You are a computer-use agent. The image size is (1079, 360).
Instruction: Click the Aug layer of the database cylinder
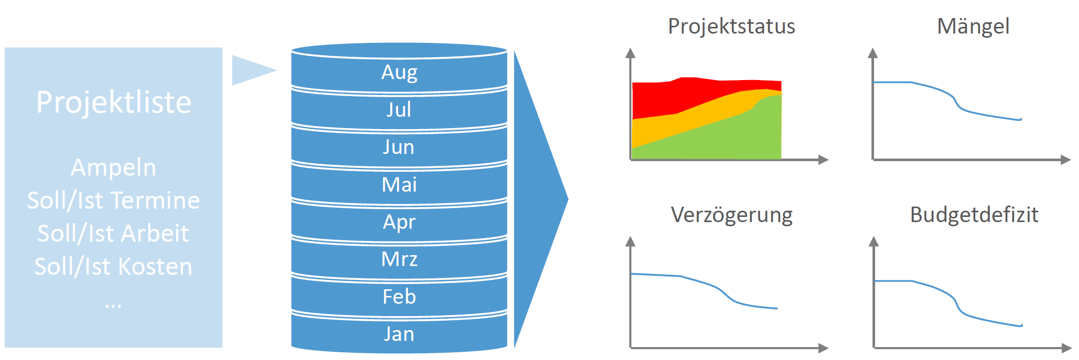coord(399,72)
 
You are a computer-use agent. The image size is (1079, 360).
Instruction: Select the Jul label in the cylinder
coord(399,109)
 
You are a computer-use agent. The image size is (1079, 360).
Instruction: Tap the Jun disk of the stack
coord(399,147)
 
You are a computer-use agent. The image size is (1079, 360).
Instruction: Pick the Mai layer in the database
coord(399,184)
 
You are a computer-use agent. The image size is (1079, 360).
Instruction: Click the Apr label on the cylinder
coord(399,222)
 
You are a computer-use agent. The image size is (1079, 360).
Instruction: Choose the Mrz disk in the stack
coord(399,259)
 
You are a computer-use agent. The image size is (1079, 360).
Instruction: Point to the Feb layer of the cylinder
coord(399,296)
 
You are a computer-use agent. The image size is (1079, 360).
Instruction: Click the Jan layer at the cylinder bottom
coord(399,334)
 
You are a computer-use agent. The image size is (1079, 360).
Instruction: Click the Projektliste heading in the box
coord(114,102)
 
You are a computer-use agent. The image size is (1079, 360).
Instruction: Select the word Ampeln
coord(114,168)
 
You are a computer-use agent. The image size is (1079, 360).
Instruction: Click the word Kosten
coord(155,267)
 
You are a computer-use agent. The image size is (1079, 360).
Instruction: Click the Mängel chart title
coord(973,26)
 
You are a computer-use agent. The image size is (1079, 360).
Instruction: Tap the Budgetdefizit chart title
coord(974,215)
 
